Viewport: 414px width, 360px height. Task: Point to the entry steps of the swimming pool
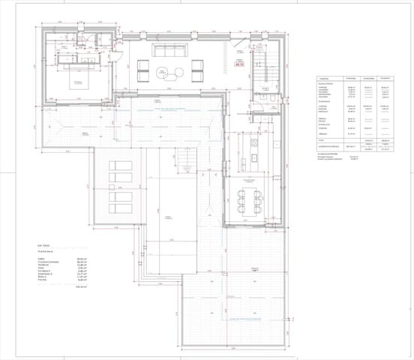tap(184, 157)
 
